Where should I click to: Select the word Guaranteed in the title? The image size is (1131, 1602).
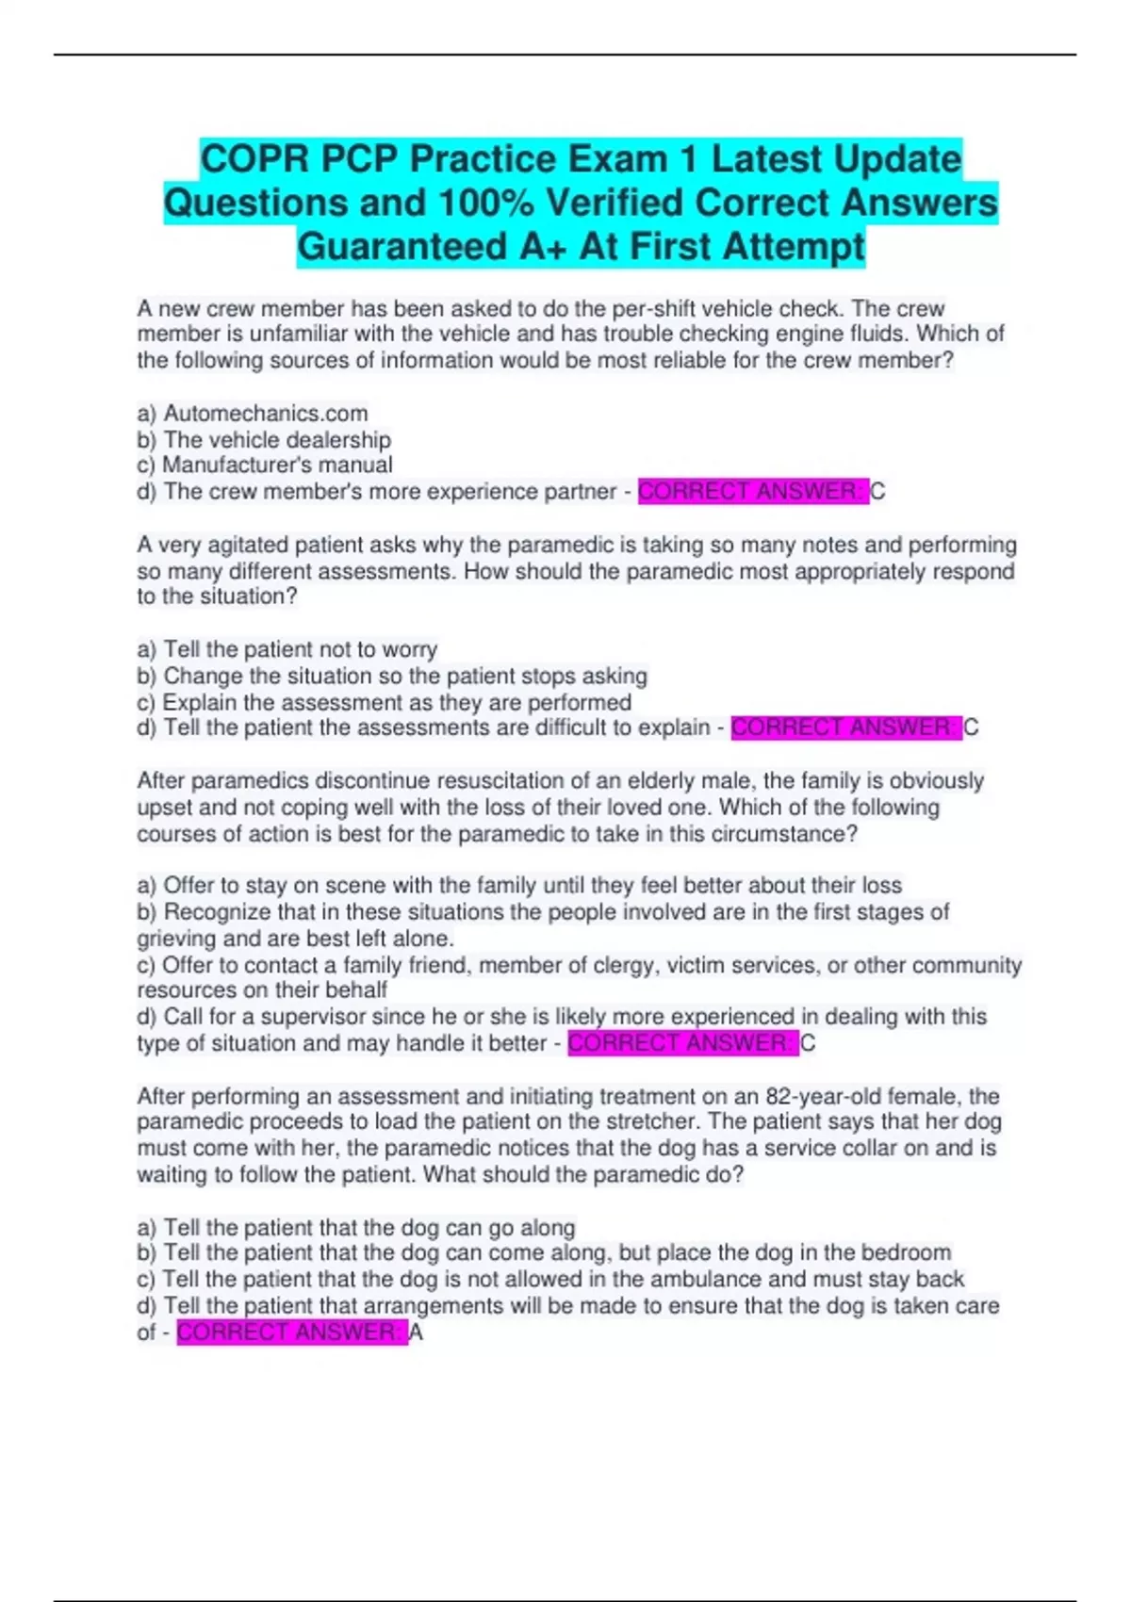coord(402,247)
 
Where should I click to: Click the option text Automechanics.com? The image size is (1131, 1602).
coord(266,413)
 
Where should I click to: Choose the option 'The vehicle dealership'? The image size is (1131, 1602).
coord(277,439)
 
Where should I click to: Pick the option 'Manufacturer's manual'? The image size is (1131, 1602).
coord(277,465)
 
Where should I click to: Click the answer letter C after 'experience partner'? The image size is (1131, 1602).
coord(877,491)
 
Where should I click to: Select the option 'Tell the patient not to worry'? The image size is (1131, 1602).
coord(300,649)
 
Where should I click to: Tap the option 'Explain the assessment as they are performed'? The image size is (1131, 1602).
coord(396,702)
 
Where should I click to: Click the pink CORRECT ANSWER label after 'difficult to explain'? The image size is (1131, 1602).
coord(845,727)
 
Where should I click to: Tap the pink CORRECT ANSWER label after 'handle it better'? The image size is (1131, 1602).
coord(682,1043)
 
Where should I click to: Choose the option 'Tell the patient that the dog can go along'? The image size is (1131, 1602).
coord(369,1227)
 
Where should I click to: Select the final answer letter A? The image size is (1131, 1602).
coord(416,1332)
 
